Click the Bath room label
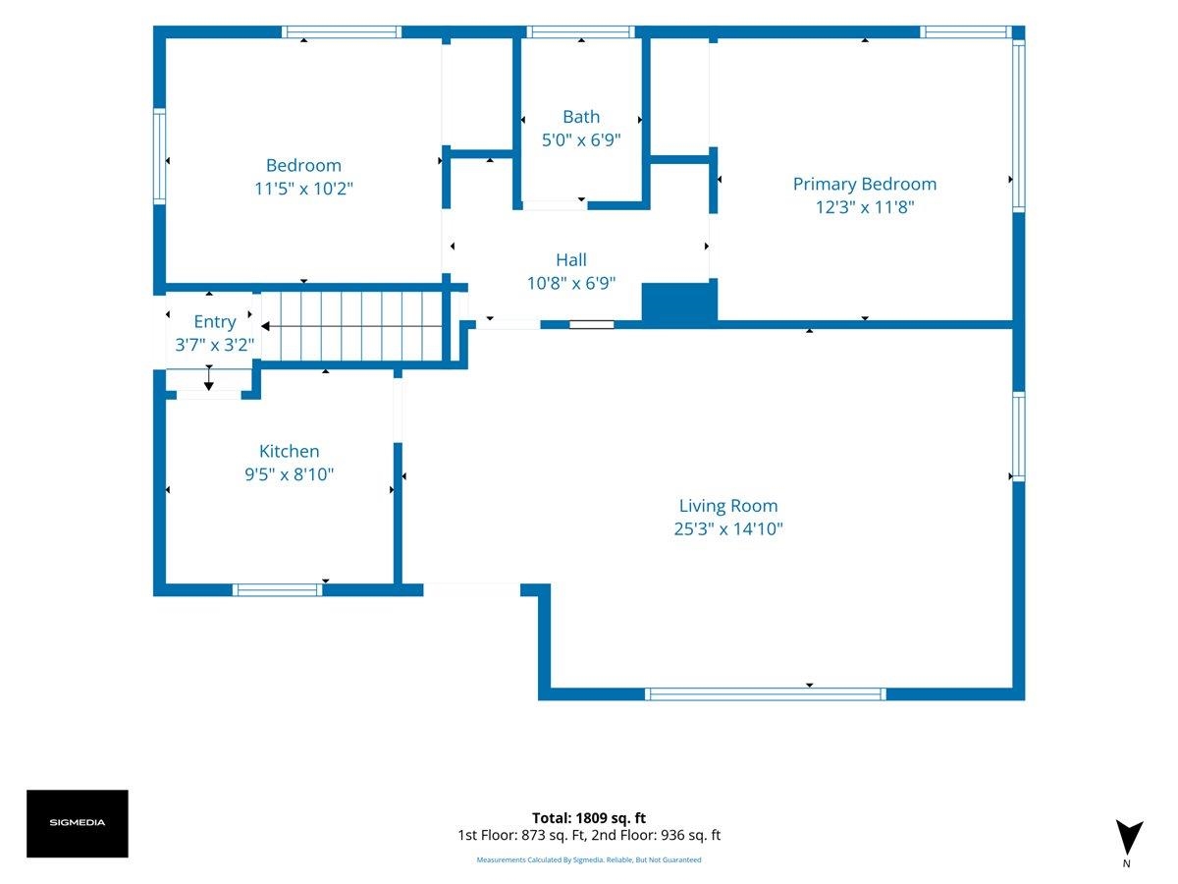(581, 117)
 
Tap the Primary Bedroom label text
(865, 184)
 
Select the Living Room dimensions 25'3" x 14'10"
(728, 528)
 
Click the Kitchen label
(289, 451)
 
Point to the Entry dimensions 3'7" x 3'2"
(214, 345)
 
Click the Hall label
(571, 259)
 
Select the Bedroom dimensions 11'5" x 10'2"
(303, 189)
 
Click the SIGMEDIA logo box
(78, 823)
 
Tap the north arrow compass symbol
(1129, 836)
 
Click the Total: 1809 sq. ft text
(589, 818)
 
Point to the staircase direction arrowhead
(265, 326)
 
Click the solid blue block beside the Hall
(679, 303)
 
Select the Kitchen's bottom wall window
(278, 590)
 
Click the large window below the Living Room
(766, 694)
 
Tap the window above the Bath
(581, 32)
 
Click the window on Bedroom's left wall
(159, 156)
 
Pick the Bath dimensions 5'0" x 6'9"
(581, 140)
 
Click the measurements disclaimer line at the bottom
(589, 859)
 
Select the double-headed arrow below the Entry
(209, 377)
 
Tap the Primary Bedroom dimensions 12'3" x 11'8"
(865, 207)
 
